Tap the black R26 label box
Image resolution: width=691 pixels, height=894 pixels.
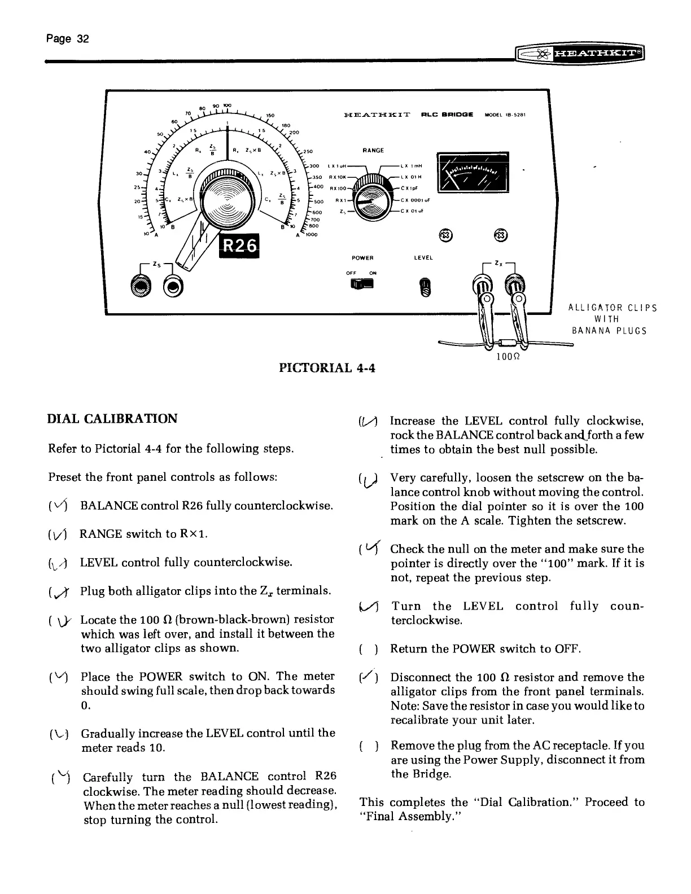pyautogui.click(x=240, y=245)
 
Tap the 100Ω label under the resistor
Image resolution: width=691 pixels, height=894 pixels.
pyautogui.click(x=508, y=357)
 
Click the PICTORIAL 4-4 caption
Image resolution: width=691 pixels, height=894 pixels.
pyautogui.click(x=327, y=369)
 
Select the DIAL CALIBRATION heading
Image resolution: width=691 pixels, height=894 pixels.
pyautogui.click(x=112, y=419)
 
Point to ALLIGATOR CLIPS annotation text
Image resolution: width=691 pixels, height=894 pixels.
pyautogui.click(x=612, y=308)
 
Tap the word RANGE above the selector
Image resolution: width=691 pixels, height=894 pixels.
pyautogui.click(x=373, y=150)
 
